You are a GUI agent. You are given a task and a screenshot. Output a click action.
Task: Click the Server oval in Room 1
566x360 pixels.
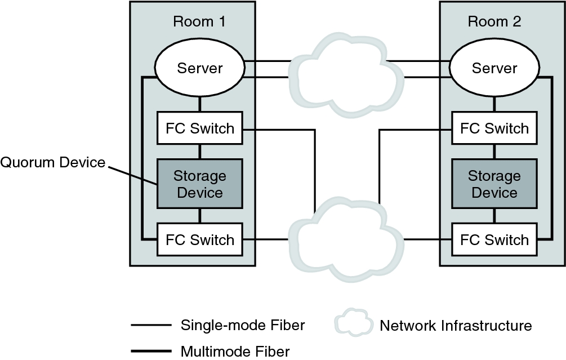[x=200, y=69]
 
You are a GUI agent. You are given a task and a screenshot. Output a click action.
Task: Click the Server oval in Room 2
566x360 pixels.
[x=494, y=69]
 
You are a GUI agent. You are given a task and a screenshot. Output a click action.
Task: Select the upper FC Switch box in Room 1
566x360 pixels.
[x=200, y=128]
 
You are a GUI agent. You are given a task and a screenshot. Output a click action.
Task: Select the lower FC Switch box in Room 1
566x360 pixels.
[x=200, y=239]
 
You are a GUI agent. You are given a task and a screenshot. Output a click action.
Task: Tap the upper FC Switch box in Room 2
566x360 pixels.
[x=494, y=128]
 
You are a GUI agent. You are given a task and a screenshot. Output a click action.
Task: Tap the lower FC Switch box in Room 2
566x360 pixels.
[x=494, y=239]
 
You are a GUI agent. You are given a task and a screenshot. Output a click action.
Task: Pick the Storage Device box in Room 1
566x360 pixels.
[x=200, y=184]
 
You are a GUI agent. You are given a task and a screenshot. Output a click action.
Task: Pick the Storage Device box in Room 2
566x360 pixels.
[x=494, y=184]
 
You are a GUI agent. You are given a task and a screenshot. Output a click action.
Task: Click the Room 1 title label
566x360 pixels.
[x=199, y=22]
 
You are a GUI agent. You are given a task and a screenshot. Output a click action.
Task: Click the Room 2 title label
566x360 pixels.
[x=494, y=22]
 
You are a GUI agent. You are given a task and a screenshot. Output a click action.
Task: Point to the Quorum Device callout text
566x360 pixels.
[x=53, y=163]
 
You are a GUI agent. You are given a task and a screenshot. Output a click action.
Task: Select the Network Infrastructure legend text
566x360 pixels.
[x=456, y=325]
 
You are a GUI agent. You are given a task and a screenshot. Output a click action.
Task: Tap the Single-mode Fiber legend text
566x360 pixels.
[x=243, y=325]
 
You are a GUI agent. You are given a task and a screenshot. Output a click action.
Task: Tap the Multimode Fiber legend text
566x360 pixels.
[x=235, y=352]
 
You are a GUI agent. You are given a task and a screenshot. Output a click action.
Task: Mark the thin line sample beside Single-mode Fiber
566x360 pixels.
[x=150, y=325]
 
